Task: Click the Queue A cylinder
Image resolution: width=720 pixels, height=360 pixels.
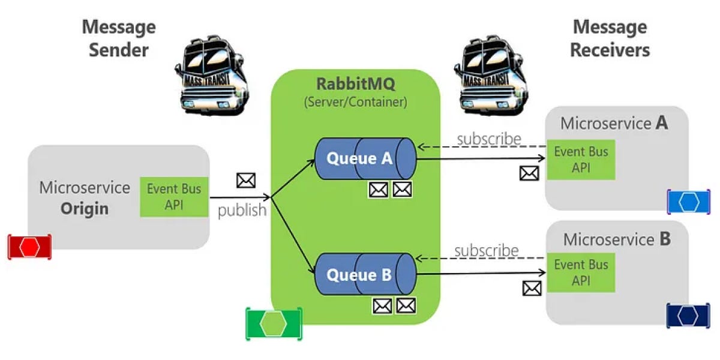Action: (365, 158)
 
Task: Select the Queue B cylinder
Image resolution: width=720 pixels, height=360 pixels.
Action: (365, 274)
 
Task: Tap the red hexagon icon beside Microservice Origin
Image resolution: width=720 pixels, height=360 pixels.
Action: (29, 247)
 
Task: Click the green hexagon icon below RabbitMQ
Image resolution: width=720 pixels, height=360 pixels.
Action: (274, 323)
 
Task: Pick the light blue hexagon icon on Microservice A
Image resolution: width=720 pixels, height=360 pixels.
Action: (689, 202)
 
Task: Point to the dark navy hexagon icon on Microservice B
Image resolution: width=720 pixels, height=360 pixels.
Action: (688, 316)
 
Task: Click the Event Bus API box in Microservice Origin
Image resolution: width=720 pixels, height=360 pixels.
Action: (174, 197)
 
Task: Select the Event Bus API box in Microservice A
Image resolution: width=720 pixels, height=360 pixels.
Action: (581, 160)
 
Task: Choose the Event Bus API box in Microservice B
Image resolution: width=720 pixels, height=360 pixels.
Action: (581, 272)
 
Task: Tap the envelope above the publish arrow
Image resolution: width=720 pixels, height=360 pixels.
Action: (246, 181)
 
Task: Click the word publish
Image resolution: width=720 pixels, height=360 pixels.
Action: (242, 211)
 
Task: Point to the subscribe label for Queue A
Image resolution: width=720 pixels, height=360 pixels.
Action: (489, 139)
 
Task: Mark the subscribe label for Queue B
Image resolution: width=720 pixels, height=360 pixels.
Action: (487, 251)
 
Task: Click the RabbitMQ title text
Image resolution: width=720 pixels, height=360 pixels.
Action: (355, 84)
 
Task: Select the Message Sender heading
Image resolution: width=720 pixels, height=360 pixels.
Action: (119, 38)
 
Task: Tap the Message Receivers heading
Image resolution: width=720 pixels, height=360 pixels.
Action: (610, 38)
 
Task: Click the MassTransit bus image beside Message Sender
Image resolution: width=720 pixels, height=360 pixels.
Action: (212, 75)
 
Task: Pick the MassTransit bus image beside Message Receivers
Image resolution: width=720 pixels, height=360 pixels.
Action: (491, 75)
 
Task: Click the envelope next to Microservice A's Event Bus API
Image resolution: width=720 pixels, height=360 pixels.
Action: (529, 173)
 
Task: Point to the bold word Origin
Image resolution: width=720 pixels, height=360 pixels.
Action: (85, 209)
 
